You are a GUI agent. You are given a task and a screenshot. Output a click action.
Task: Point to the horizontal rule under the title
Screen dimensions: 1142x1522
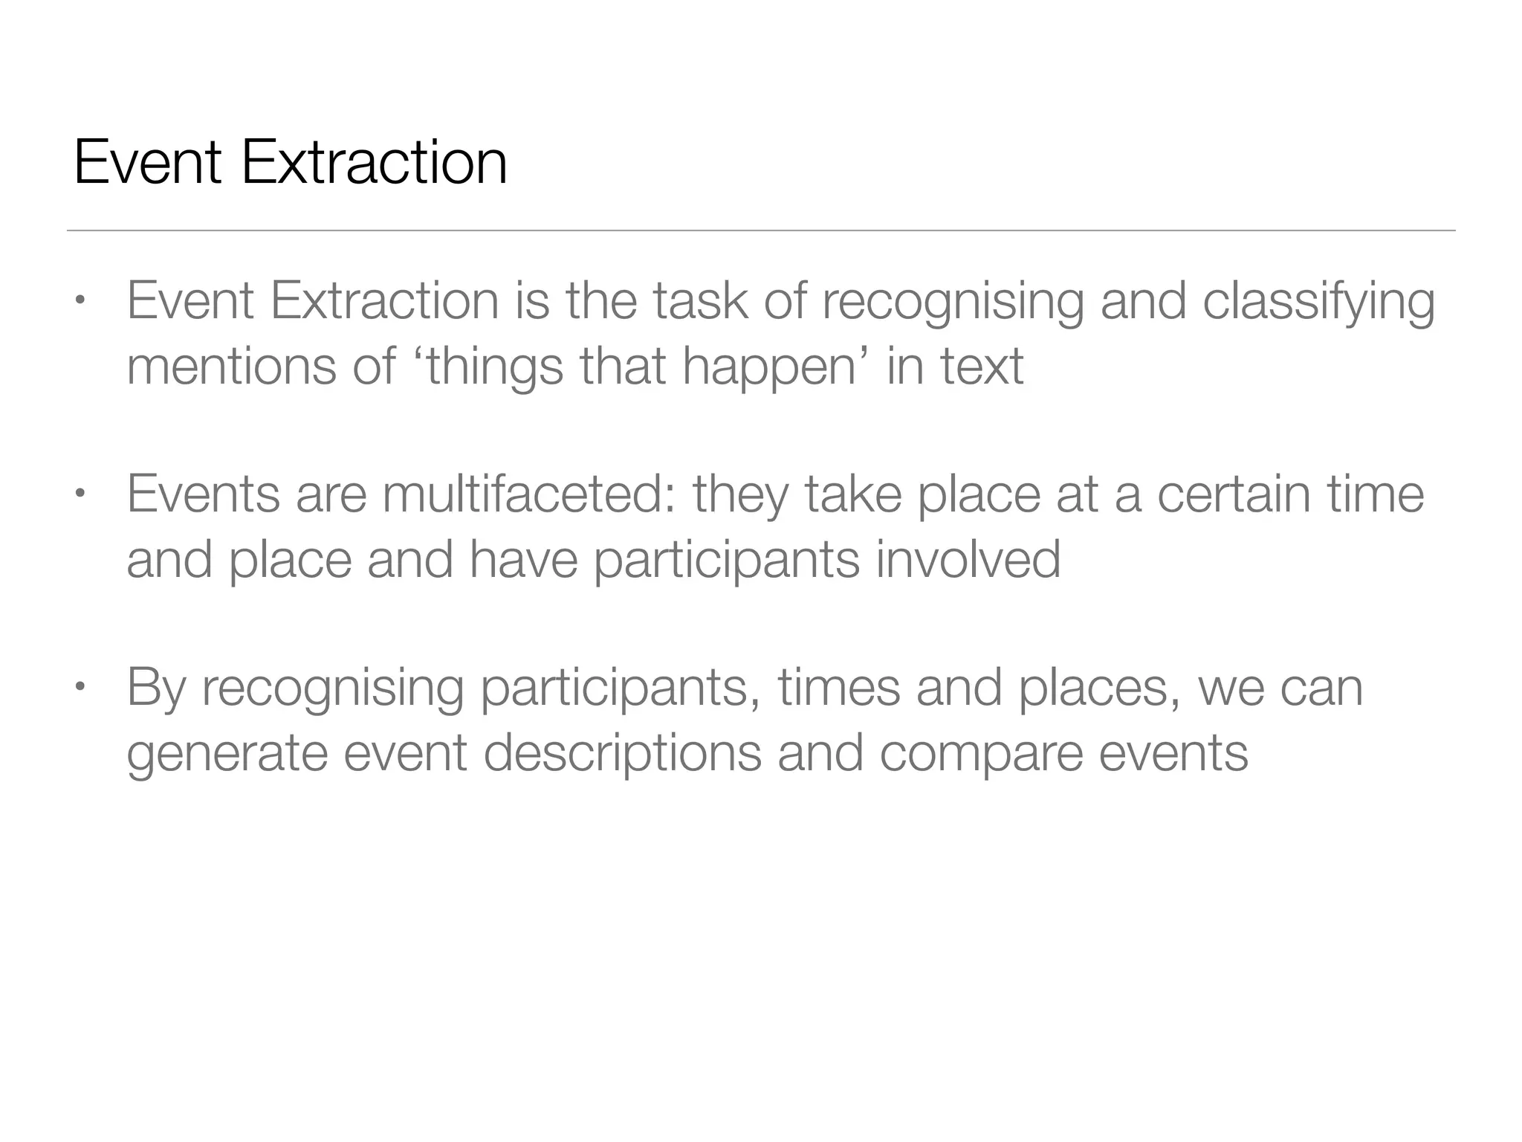pyautogui.click(x=761, y=230)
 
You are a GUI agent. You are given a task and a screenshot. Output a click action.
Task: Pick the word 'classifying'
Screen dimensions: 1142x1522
pyautogui.click(x=1318, y=302)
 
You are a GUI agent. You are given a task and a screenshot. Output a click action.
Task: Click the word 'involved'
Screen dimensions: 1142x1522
pyautogui.click(x=968, y=559)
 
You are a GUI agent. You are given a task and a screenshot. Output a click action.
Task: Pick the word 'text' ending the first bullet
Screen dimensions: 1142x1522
pyautogui.click(x=982, y=366)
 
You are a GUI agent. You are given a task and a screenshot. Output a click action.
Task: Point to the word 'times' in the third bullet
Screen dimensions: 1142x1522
pyautogui.click(x=838, y=687)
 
